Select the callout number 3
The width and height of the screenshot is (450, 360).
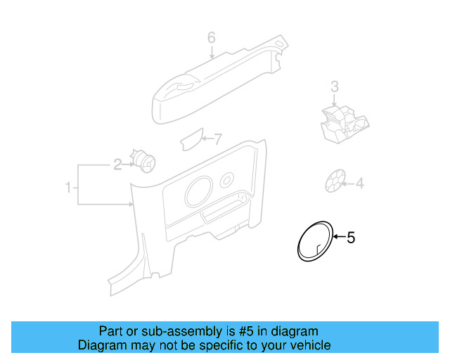tap(335, 86)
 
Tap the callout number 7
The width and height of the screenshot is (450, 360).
tap(217, 139)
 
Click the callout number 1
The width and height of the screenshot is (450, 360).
tap(68, 188)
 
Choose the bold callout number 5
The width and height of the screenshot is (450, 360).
tap(351, 238)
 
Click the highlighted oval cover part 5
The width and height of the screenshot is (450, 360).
tap(314, 240)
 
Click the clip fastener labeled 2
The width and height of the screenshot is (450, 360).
tap(144, 160)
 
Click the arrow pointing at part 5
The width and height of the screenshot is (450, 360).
tap(337, 238)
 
